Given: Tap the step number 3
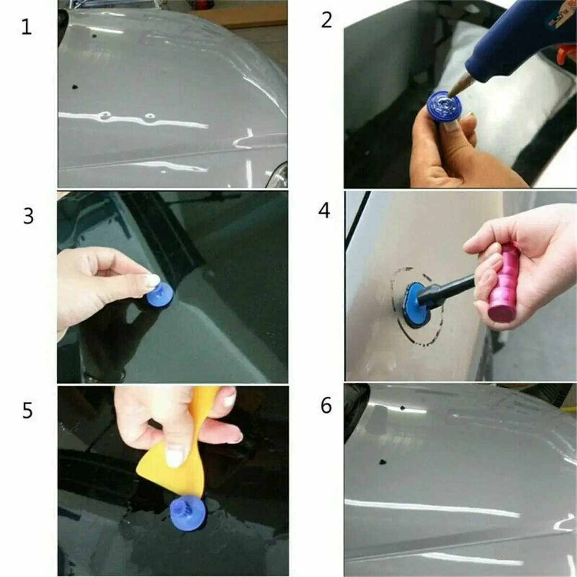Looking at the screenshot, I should click(28, 216).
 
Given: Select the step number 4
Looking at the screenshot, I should click(325, 210).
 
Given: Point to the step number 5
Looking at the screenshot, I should click(27, 411).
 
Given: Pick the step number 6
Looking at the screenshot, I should click(326, 406).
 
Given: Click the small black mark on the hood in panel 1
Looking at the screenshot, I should click(75, 87).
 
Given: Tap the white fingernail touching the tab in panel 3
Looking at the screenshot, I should click(152, 280).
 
